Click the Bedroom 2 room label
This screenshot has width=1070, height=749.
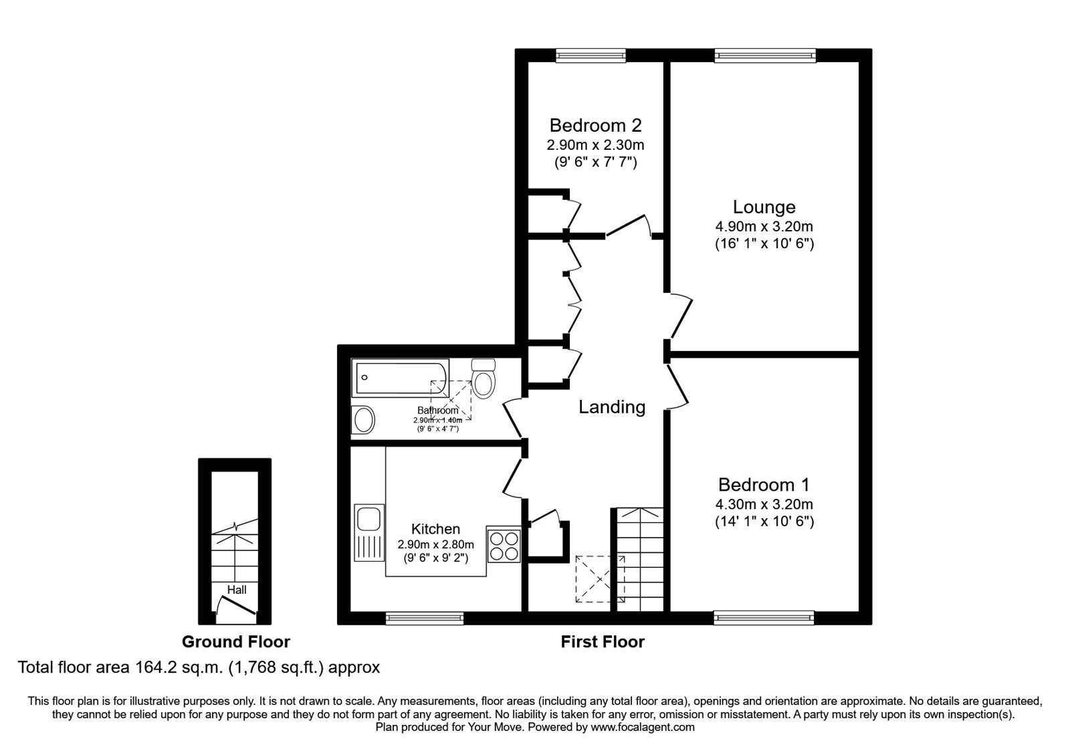(595, 125)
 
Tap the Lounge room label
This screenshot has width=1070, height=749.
(764, 207)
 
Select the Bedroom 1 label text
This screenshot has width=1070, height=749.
(764, 484)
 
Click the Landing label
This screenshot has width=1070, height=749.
(611, 407)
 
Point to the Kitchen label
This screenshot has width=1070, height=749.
(435, 528)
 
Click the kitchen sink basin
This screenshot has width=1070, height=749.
(368, 518)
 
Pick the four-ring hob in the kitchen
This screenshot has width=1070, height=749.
(504, 544)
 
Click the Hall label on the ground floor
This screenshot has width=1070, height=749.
(237, 589)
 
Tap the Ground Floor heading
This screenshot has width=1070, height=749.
(235, 642)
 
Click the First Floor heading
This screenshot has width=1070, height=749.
(602, 642)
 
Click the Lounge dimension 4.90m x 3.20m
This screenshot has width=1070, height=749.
(764, 227)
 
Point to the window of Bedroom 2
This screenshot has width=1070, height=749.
(591, 56)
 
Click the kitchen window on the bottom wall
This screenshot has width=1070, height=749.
(425, 618)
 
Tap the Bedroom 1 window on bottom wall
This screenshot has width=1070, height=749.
(764, 618)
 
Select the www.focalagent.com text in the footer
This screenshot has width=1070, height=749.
(642, 727)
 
